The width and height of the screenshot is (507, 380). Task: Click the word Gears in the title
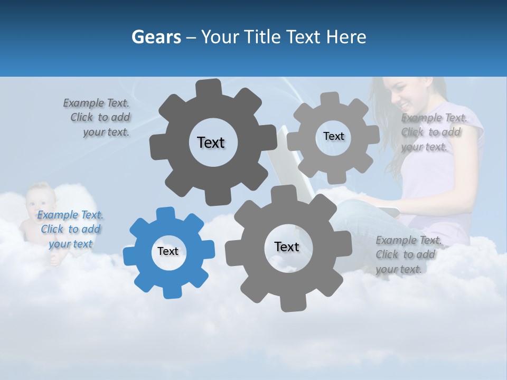click(156, 37)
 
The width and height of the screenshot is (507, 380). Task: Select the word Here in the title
click(346, 37)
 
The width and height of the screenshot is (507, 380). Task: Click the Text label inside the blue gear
click(168, 251)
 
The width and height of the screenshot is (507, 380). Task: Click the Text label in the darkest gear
click(211, 142)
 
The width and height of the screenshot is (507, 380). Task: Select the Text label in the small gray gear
click(333, 136)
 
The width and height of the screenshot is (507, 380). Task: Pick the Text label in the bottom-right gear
click(287, 246)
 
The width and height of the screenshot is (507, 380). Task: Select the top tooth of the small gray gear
click(330, 99)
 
